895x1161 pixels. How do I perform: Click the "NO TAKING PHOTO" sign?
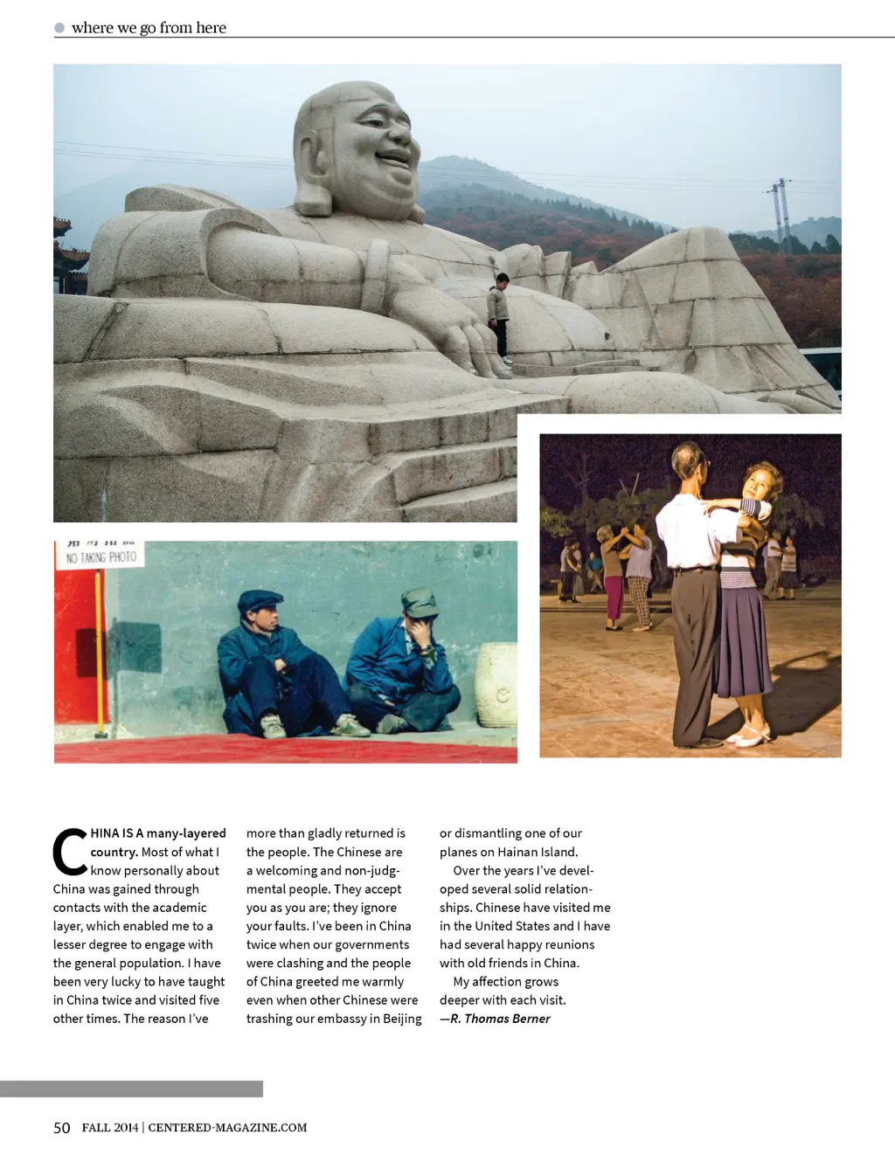tap(101, 556)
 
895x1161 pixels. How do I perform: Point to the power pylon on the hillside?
tap(780, 214)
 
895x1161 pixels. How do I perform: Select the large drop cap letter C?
tap(69, 852)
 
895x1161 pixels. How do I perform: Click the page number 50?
tap(61, 1128)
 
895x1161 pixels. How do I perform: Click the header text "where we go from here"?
tap(149, 28)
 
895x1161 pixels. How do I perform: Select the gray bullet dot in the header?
tap(59, 28)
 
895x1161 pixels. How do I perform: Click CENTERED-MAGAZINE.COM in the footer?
tap(227, 1128)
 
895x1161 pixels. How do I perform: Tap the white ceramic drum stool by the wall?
tap(496, 685)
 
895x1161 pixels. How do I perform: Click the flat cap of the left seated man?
tap(260, 600)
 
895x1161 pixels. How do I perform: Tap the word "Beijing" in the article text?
tap(402, 1019)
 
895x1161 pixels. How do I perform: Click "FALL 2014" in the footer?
tap(110, 1128)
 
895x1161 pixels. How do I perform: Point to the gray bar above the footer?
tap(131, 1088)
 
